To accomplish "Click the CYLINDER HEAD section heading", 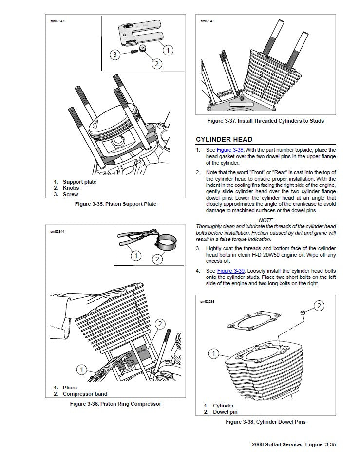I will (x=224, y=139).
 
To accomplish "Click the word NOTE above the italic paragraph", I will (x=265, y=220).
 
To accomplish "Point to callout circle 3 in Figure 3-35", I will (x=115, y=55).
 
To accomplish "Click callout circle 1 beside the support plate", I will (x=168, y=50).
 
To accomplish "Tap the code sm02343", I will (x=57, y=21).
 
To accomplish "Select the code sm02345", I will (x=207, y=21).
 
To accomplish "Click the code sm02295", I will (x=207, y=301).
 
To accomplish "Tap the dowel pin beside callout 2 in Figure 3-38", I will (x=303, y=312).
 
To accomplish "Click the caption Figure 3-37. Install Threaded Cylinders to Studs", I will (x=265, y=121).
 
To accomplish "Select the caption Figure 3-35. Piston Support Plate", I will (x=115, y=204).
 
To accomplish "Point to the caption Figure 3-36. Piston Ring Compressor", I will (x=115, y=404).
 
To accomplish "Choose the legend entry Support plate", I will (x=79, y=182).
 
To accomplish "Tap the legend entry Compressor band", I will (x=85, y=394).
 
